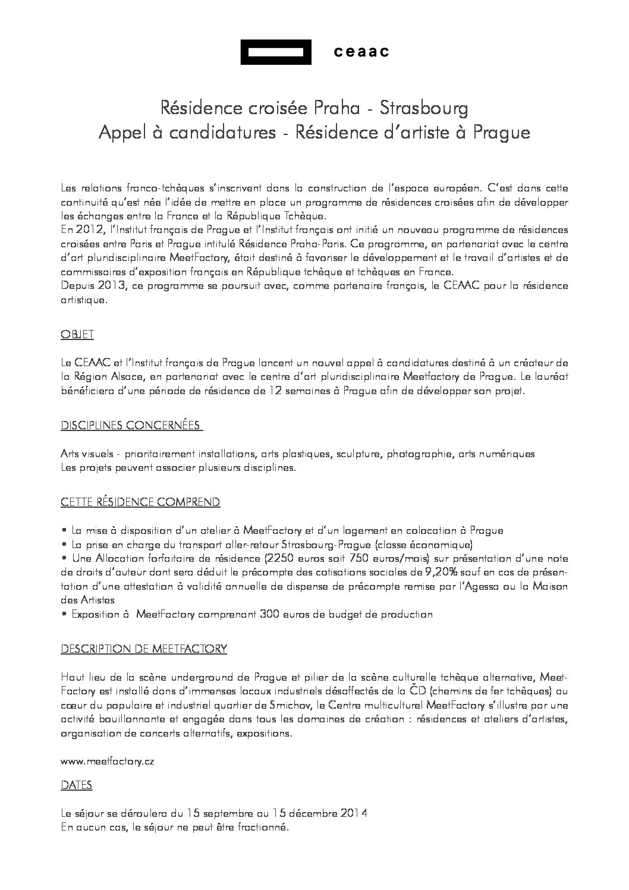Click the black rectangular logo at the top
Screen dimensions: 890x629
point(276,52)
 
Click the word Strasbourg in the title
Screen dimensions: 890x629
point(424,108)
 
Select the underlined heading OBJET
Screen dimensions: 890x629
point(77,335)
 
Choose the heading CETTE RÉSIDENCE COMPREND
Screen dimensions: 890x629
point(140,502)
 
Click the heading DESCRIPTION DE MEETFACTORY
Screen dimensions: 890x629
point(144,649)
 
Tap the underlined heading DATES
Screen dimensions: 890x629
point(77,785)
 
